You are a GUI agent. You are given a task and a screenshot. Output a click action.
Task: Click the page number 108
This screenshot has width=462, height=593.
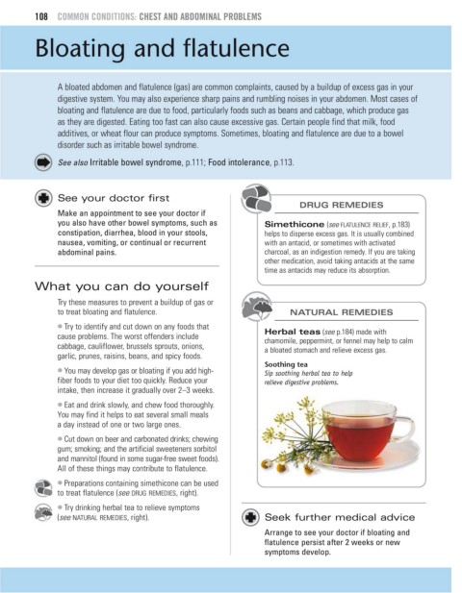pyautogui.click(x=41, y=16)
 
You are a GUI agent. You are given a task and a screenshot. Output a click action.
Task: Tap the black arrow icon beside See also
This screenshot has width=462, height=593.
pyautogui.click(x=43, y=162)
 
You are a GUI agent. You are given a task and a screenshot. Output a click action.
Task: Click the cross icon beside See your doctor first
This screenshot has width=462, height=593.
pyautogui.click(x=43, y=198)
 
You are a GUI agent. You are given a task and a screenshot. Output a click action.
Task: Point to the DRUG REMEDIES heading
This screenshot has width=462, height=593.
pyautogui.click(x=341, y=205)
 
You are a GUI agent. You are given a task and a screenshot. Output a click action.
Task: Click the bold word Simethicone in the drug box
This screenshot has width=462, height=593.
pyautogui.click(x=295, y=224)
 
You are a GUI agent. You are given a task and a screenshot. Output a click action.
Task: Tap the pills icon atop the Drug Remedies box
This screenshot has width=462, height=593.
pyautogui.click(x=257, y=199)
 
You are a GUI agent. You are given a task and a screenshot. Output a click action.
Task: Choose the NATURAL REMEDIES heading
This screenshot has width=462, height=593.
pyautogui.click(x=341, y=312)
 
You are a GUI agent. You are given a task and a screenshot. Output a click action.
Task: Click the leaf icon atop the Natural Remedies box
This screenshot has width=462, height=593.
pyautogui.click(x=257, y=306)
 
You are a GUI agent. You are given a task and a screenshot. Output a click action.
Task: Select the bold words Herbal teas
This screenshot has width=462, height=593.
pyautogui.click(x=292, y=332)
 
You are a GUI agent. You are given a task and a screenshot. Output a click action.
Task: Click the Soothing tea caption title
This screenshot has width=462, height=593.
pyautogui.click(x=286, y=364)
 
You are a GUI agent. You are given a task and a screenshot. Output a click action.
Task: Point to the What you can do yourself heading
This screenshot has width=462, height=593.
pyautogui.click(x=121, y=286)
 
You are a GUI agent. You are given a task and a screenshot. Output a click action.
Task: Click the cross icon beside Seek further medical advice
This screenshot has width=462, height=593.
pyautogui.click(x=250, y=517)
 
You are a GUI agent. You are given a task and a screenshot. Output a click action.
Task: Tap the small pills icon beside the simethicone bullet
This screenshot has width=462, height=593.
pyautogui.click(x=43, y=488)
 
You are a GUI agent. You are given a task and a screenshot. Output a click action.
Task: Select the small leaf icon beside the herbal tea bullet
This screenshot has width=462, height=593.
pyautogui.click(x=43, y=513)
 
